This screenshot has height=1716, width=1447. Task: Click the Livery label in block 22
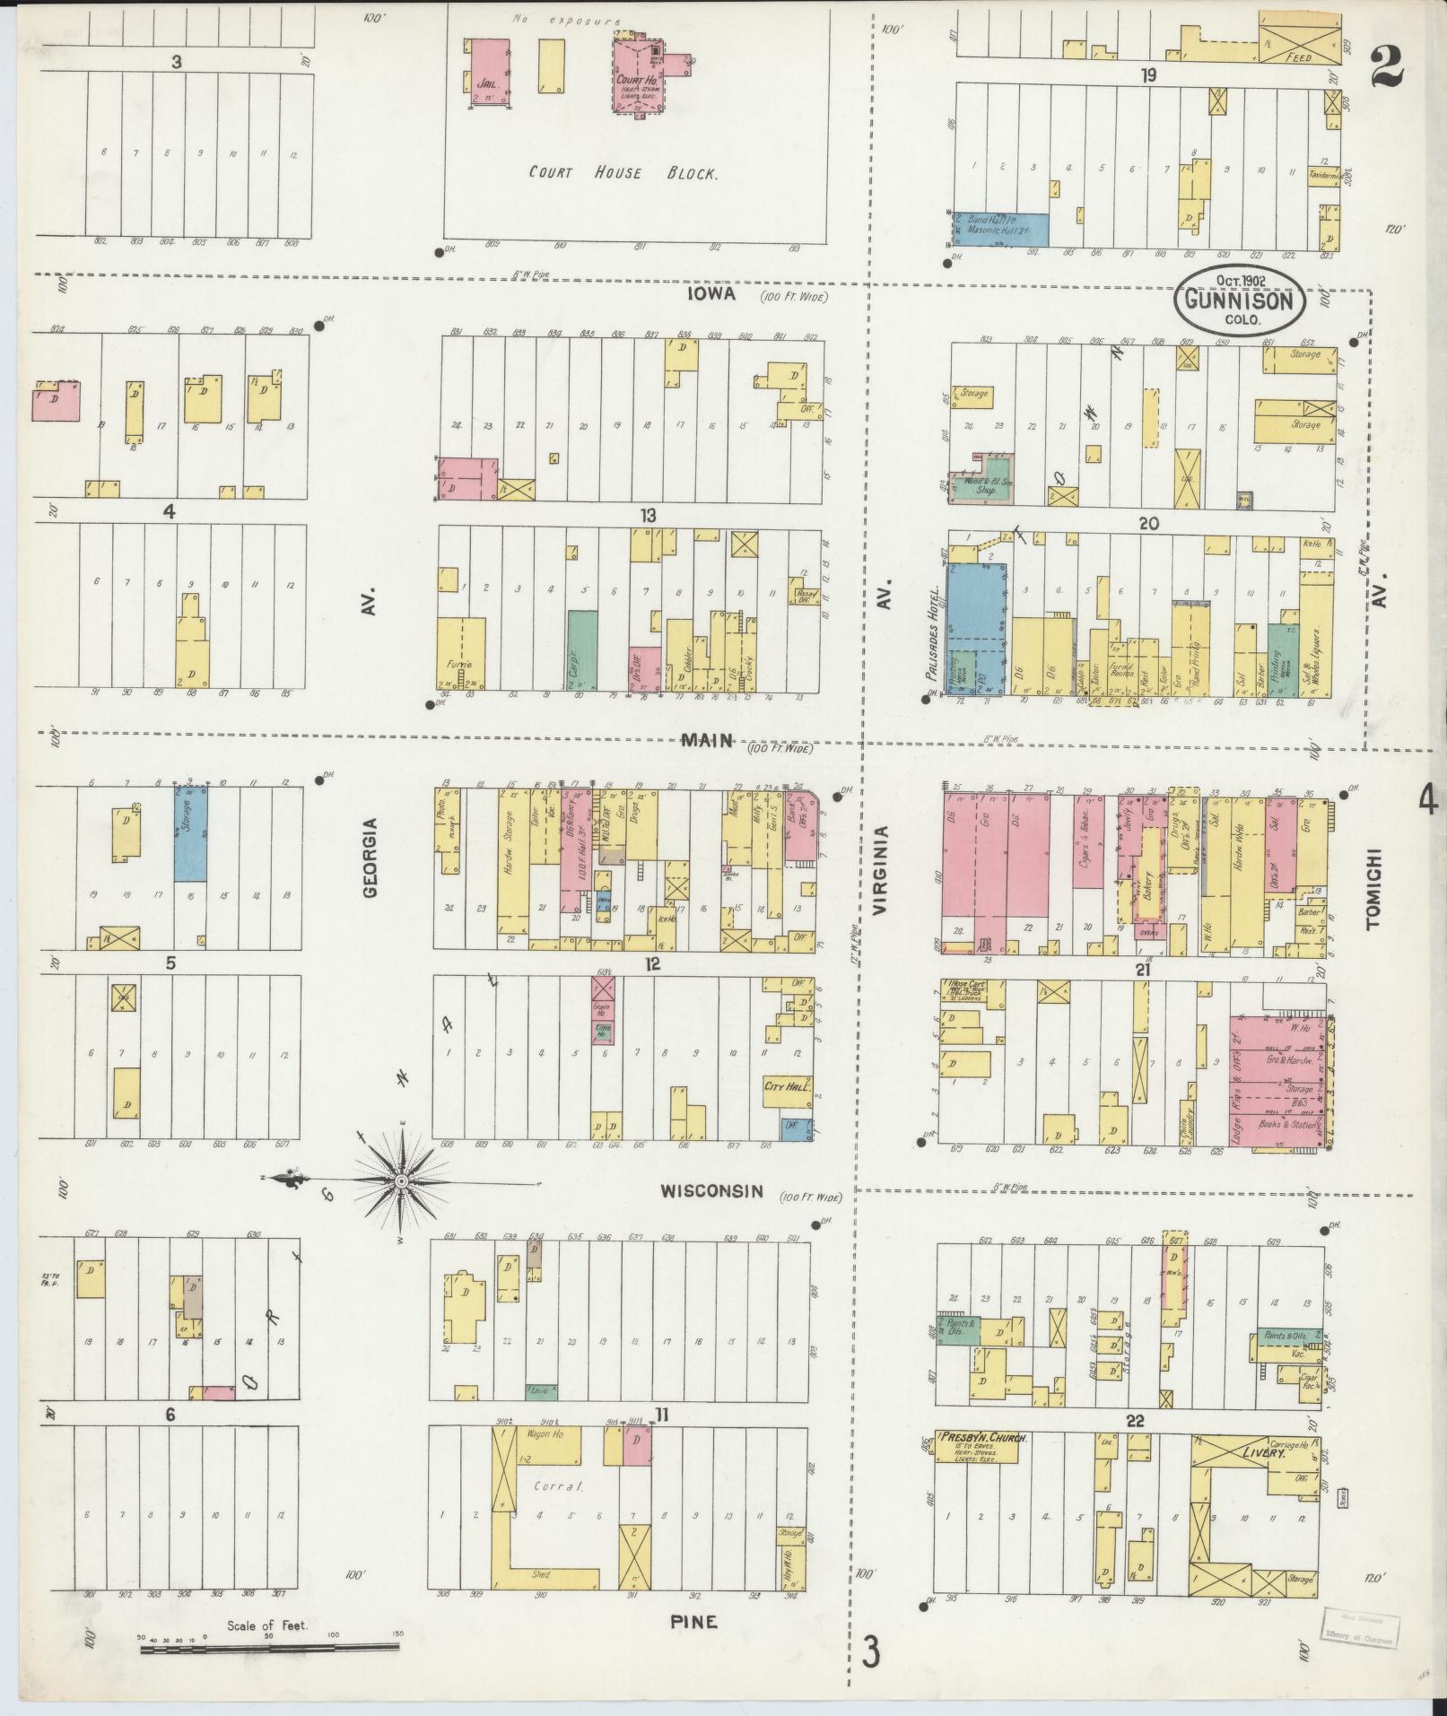click(1263, 1452)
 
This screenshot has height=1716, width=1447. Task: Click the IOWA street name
click(713, 293)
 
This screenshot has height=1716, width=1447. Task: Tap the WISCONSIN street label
click(711, 1191)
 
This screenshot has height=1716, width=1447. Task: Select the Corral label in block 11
click(559, 1486)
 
